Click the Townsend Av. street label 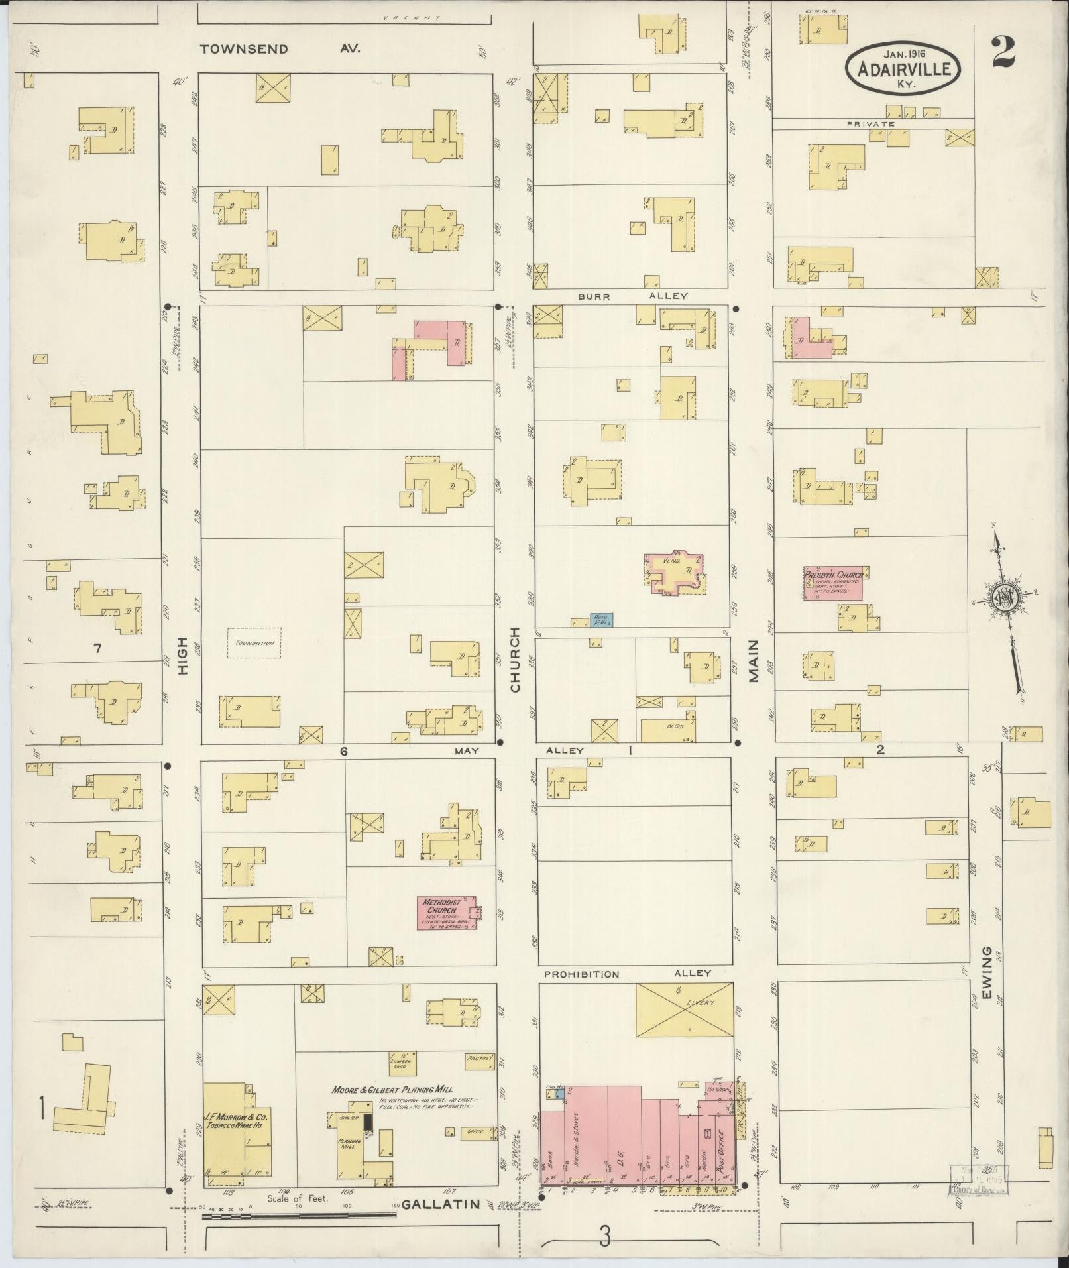pyautogui.click(x=280, y=48)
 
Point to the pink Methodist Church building pyautogui.click(x=447, y=913)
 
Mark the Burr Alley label pyautogui.click(x=632, y=296)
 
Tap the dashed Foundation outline pyautogui.click(x=254, y=643)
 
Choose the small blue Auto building pyautogui.click(x=602, y=620)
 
